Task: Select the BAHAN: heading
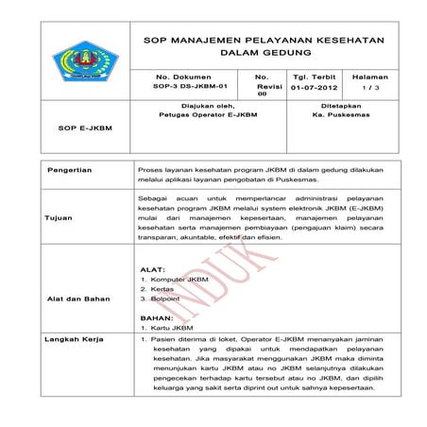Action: [x=156, y=318]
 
